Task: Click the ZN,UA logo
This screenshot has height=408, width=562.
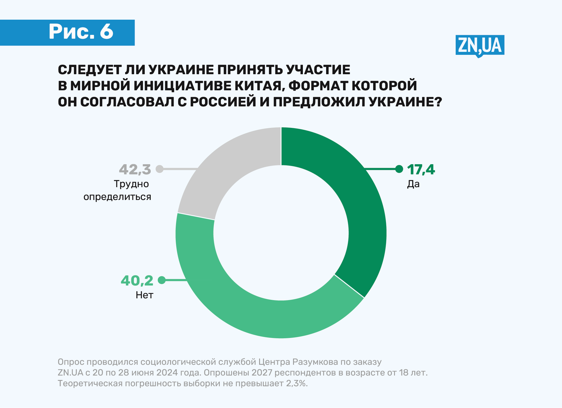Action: click(x=480, y=46)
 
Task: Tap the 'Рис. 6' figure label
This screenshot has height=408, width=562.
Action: click(x=81, y=32)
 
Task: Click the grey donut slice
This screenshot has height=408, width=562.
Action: click(x=226, y=167)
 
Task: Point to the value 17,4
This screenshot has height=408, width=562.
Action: click(x=421, y=170)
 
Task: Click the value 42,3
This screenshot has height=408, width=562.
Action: click(x=135, y=170)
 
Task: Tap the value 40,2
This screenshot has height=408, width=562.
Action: click(x=137, y=280)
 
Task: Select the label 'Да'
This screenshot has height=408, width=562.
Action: click(x=413, y=184)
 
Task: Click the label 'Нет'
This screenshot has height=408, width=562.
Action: click(x=144, y=295)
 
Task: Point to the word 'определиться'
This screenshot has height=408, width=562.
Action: click(x=117, y=197)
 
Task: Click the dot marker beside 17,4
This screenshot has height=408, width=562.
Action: click(x=399, y=169)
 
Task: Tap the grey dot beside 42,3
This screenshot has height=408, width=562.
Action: click(x=160, y=169)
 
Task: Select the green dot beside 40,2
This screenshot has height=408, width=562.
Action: click(x=161, y=280)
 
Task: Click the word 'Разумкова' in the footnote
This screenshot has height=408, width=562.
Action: click(x=315, y=362)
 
